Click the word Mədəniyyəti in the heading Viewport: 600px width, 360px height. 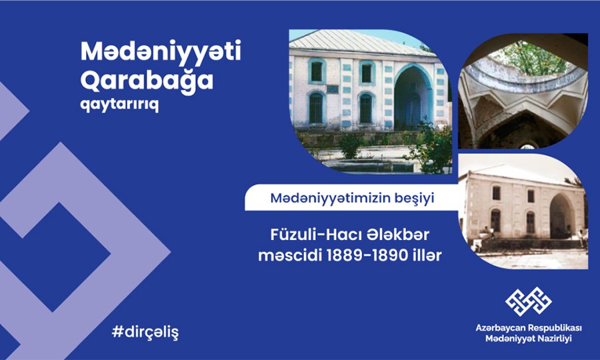click(161, 51)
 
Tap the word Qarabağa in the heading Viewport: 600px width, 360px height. click(147, 81)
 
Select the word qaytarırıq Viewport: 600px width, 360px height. click(119, 105)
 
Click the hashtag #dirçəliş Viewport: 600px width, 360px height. click(145, 333)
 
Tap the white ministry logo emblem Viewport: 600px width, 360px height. click(529, 301)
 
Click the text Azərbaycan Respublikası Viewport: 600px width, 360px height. click(529, 328)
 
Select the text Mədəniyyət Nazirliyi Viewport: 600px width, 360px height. click(529, 339)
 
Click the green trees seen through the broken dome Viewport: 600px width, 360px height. click(530, 59)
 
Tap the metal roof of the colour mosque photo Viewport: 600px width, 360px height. click(360, 43)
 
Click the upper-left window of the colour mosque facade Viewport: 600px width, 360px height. click(317, 71)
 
